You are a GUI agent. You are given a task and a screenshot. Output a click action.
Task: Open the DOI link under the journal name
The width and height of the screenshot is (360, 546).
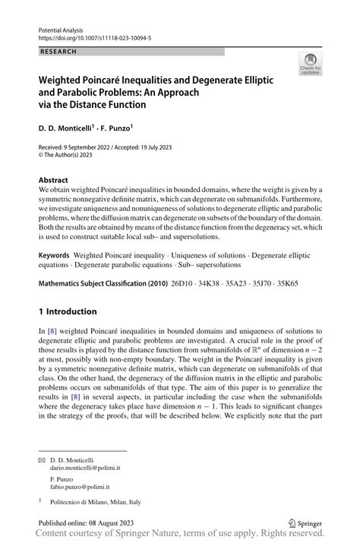coord(90,35)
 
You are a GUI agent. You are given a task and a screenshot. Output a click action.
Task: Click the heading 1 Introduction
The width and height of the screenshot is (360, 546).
coord(68,311)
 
